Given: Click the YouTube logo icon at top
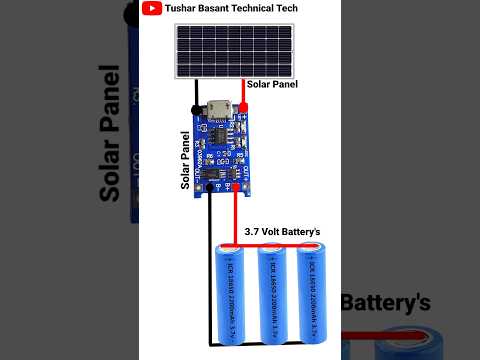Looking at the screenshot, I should click(151, 9).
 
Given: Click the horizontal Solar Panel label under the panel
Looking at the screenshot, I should click(272, 85).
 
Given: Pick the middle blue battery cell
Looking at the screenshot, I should click(273, 300).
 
